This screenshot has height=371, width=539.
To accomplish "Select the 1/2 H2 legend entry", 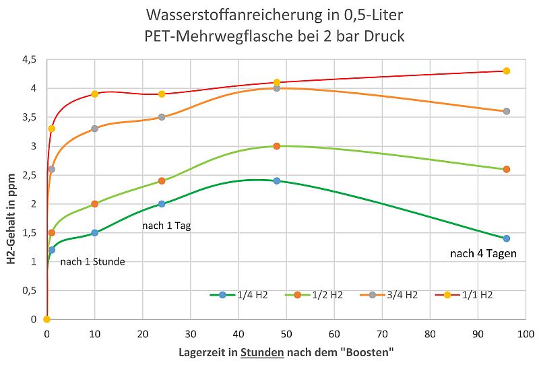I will point(313,295).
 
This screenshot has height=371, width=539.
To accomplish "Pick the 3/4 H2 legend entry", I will point(388,295).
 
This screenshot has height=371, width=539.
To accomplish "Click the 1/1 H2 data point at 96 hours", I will point(507,71).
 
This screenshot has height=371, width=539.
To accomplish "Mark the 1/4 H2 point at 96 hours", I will point(507,238).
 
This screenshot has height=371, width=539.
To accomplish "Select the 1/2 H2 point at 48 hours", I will point(276,146).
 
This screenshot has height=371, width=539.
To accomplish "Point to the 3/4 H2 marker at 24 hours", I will point(162,117).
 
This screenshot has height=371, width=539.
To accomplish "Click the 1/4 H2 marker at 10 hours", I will point(94,232).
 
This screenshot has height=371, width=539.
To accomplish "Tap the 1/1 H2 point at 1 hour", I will point(52,129).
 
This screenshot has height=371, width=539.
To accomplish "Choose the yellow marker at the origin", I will point(46,319).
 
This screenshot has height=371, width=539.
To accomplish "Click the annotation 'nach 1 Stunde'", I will point(92,262).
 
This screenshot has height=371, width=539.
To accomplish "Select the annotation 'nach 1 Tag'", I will point(166,226).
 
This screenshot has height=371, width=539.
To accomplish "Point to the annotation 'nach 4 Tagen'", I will point(483,254).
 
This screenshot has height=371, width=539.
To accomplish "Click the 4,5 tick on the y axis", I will point(30,60).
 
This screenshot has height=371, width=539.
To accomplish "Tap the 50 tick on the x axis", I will point(286,333).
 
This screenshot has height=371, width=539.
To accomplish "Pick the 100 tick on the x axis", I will point(525,333).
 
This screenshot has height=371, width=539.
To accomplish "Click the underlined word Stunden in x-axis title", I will point(261,353).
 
